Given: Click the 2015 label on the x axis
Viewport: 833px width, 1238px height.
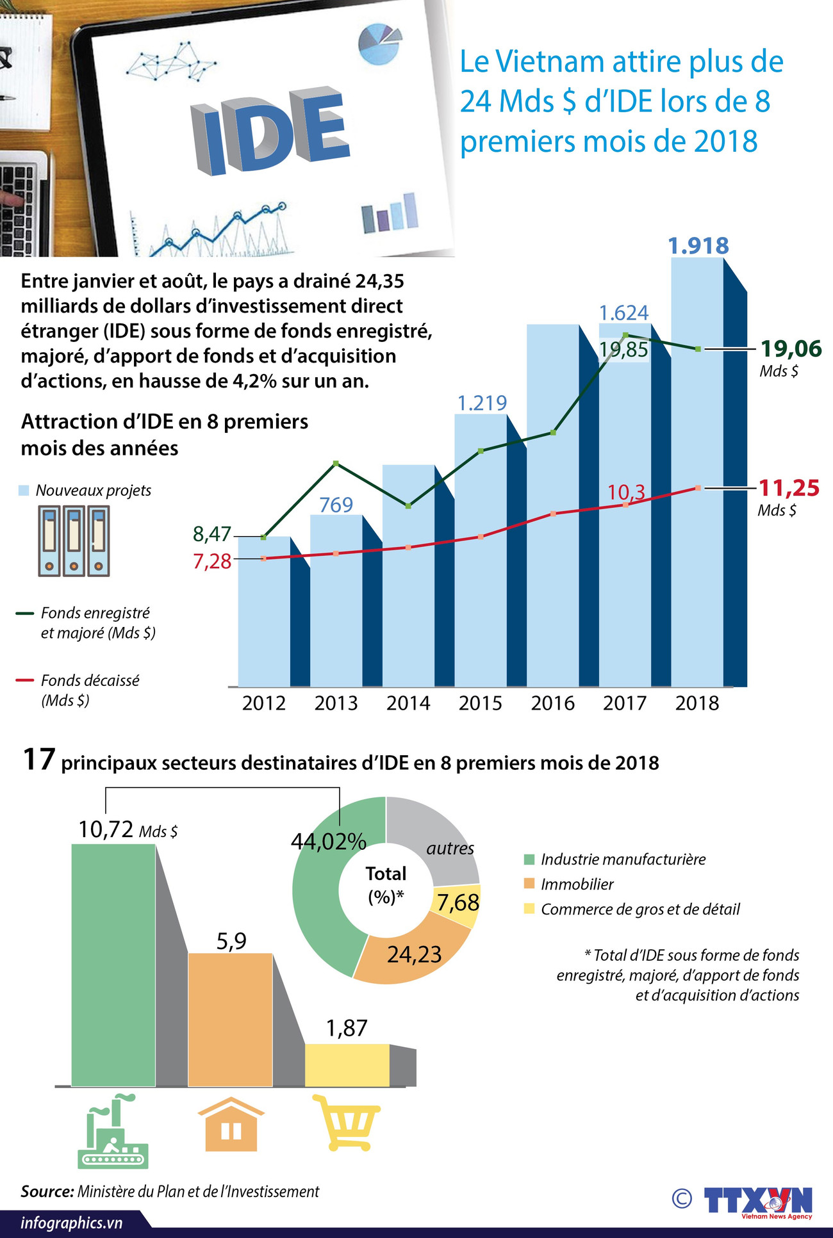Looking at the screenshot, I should tap(480, 703).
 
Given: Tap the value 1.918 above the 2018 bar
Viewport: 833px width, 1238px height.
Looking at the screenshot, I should tap(698, 246).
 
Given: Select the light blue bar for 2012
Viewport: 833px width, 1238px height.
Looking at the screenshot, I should tap(263, 615).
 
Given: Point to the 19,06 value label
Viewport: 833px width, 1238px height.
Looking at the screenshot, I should tap(790, 349).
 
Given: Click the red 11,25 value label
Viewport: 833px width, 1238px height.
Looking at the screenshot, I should tap(788, 488).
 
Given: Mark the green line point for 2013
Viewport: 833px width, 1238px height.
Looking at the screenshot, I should tap(336, 463).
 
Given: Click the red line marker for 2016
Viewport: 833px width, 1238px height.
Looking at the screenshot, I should tap(553, 514).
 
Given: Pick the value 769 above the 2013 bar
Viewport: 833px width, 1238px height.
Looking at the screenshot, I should tap(336, 505).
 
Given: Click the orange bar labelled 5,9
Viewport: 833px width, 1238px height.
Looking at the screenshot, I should tap(230, 1018).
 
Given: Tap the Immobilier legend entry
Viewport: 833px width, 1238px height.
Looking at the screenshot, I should tap(576, 884).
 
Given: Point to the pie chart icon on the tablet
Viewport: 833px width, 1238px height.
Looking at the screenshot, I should tap(379, 44).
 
